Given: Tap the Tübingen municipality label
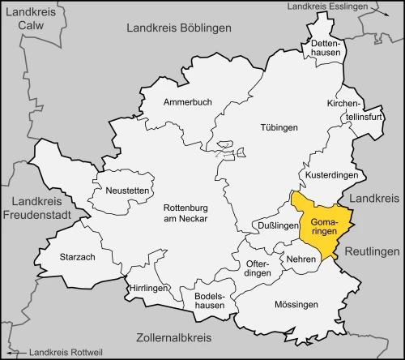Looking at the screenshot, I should (279, 128).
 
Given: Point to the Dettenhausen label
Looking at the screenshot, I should (326, 48).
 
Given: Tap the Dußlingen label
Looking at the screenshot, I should (276, 225).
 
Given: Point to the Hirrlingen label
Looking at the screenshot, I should (150, 288).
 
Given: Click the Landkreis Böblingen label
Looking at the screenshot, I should (179, 28).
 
